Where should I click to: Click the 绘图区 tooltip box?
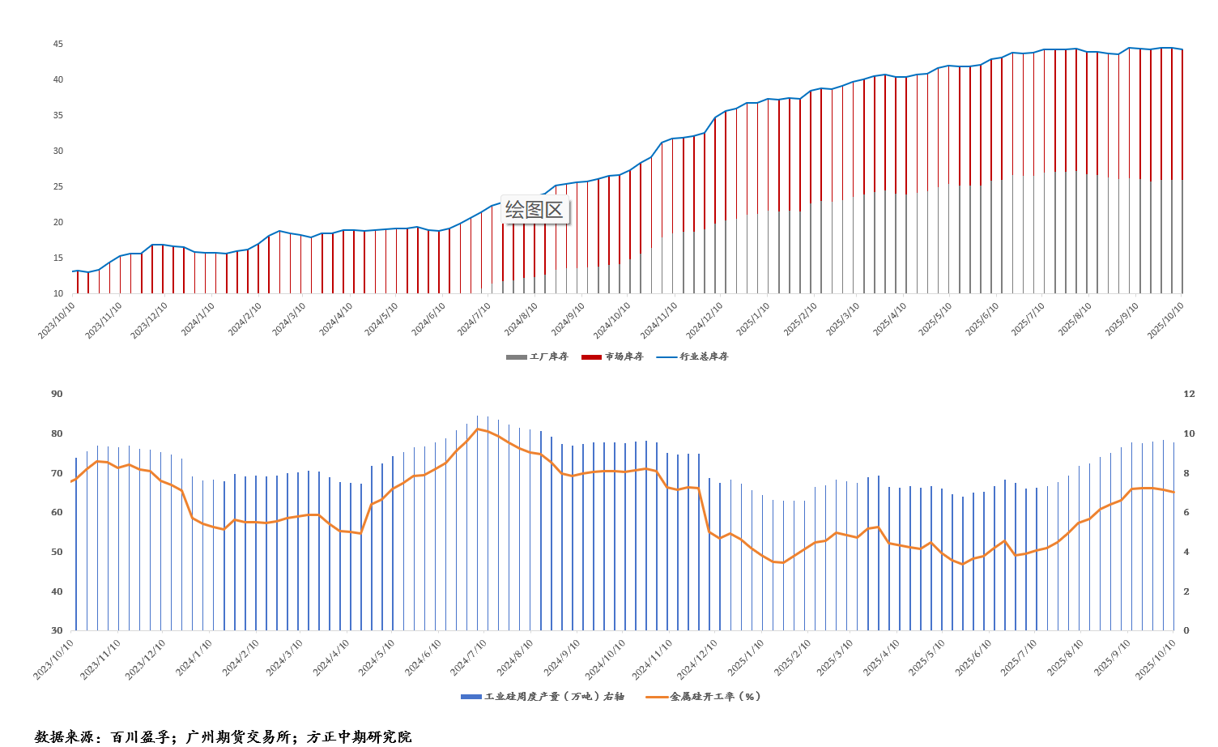click(534, 210)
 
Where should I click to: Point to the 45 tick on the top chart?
click(58, 44)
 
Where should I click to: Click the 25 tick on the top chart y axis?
click(58, 186)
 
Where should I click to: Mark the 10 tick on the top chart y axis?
click(58, 293)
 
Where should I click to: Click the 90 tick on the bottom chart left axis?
click(57, 394)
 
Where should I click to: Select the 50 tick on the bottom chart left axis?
click(57, 552)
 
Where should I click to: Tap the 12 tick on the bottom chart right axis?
click(1189, 394)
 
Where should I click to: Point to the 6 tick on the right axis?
click(1187, 512)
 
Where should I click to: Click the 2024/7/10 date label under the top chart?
click(475, 319)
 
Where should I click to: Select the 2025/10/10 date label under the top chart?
click(1166, 319)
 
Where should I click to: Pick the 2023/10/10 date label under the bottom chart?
click(53, 659)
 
